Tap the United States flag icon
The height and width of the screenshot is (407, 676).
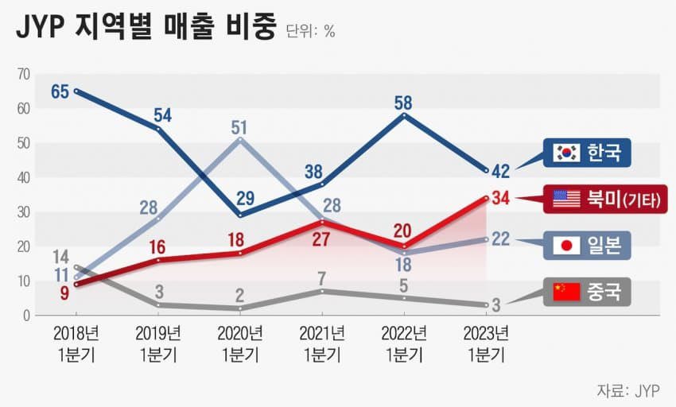point(567,199)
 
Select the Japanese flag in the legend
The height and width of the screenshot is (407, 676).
point(567,246)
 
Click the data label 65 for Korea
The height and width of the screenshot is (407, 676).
point(60,91)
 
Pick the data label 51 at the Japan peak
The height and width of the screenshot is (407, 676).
point(239,126)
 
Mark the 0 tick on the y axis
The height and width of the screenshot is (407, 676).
point(26,316)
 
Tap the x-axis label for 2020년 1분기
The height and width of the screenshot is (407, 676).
point(239,343)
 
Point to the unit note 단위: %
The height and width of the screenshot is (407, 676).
point(310,32)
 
